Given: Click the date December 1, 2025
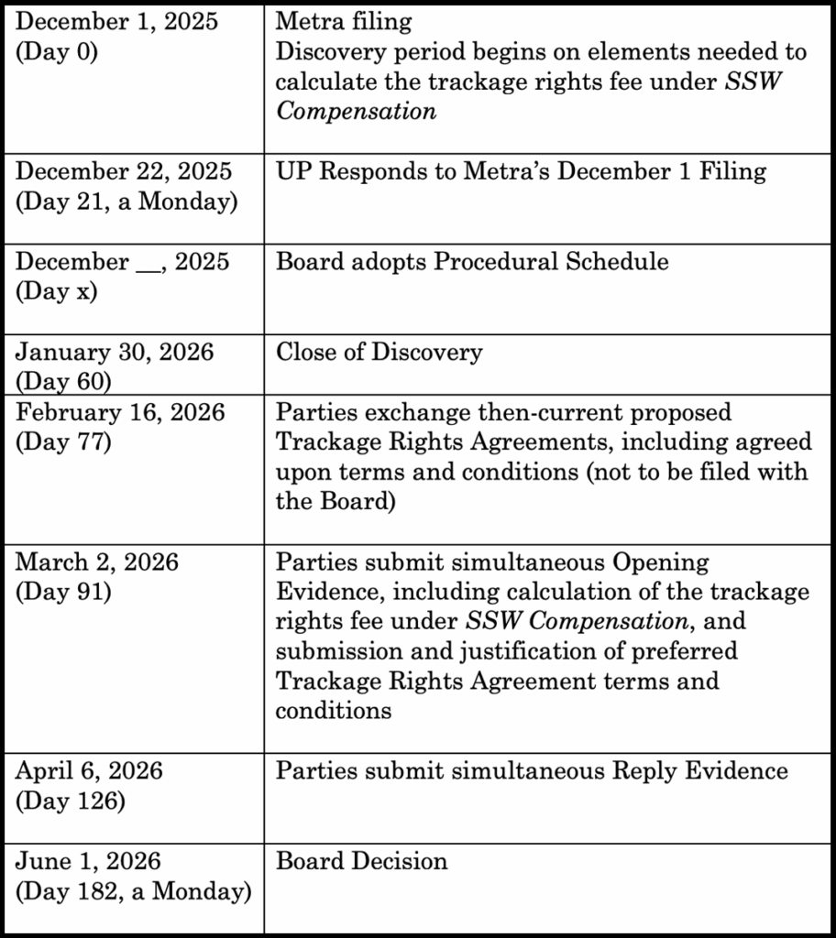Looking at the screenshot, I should (x=117, y=21).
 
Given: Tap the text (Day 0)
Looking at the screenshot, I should (x=56, y=50).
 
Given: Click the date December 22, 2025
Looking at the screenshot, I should (x=124, y=171).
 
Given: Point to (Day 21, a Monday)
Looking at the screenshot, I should (x=126, y=201).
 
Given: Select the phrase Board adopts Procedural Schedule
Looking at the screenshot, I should (x=472, y=262).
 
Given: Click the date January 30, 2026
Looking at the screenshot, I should (x=115, y=353).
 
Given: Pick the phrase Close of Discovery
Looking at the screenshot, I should (x=379, y=353).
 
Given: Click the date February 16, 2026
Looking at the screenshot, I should (x=120, y=413).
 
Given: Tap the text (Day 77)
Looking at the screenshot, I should (x=62, y=442).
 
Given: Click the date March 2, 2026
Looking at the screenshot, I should (x=97, y=562).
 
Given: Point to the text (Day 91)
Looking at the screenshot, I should (x=62, y=591).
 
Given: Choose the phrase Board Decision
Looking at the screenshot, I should (x=361, y=862).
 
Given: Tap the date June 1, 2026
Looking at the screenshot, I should (x=88, y=862).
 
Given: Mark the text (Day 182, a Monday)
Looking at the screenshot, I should (x=132, y=891).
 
